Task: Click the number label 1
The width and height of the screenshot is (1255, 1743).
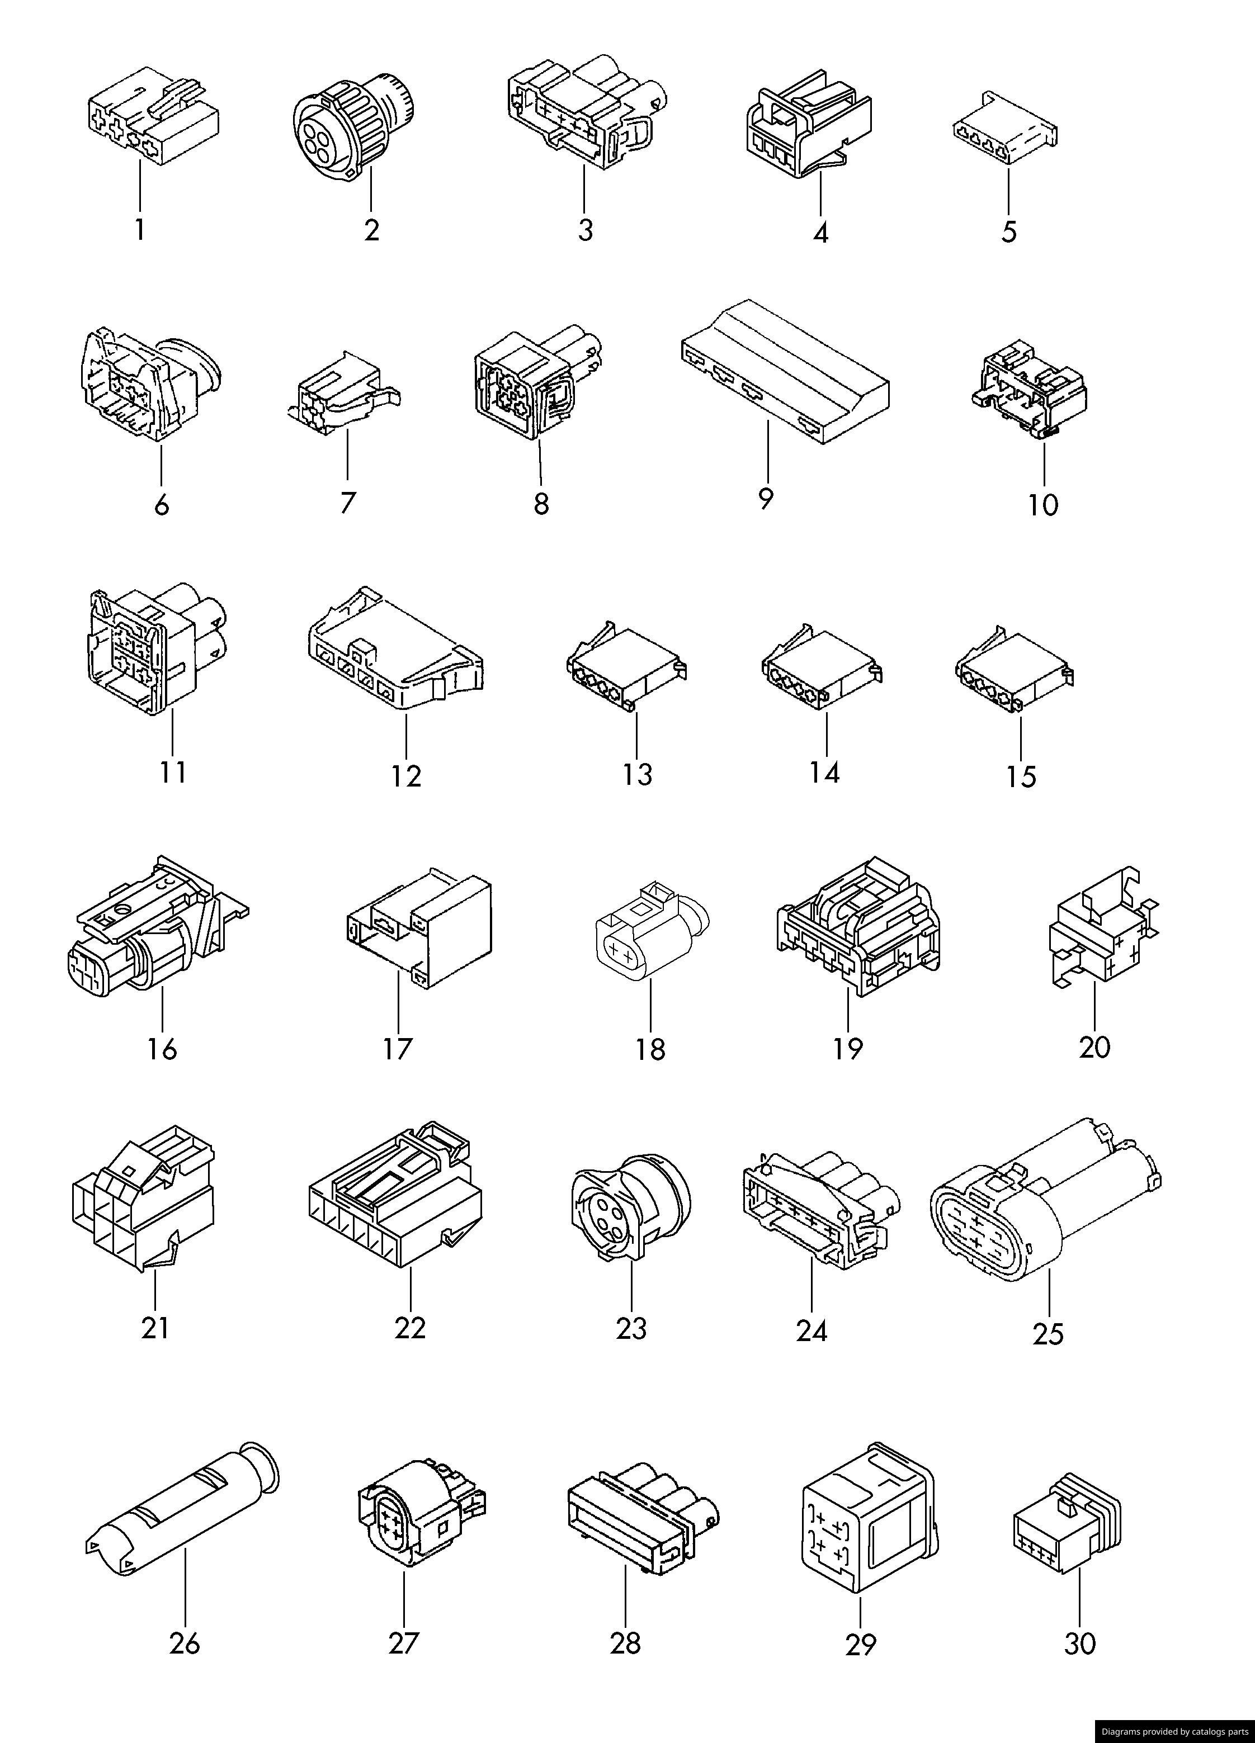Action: pyautogui.click(x=140, y=229)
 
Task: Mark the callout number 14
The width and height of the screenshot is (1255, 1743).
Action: pyautogui.click(x=824, y=771)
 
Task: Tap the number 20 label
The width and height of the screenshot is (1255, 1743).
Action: pyautogui.click(x=1095, y=1046)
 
